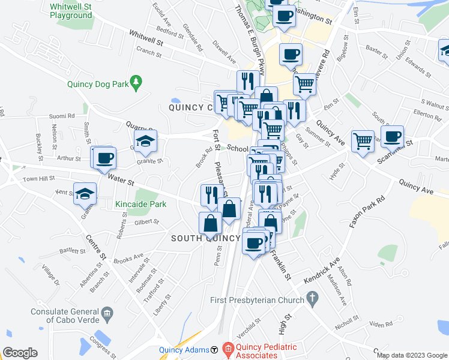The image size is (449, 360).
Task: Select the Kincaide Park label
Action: tap(140, 204)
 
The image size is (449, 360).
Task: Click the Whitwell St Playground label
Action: tap(71, 10)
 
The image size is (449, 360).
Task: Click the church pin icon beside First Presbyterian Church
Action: tap(312, 298)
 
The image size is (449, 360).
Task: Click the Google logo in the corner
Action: tap(20, 353)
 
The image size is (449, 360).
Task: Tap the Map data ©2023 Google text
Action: tap(412, 355)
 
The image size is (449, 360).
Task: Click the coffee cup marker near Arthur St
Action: tap(105, 158)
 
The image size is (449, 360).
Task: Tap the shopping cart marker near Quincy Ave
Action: tap(363, 142)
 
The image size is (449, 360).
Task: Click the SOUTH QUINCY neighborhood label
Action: tap(205, 238)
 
